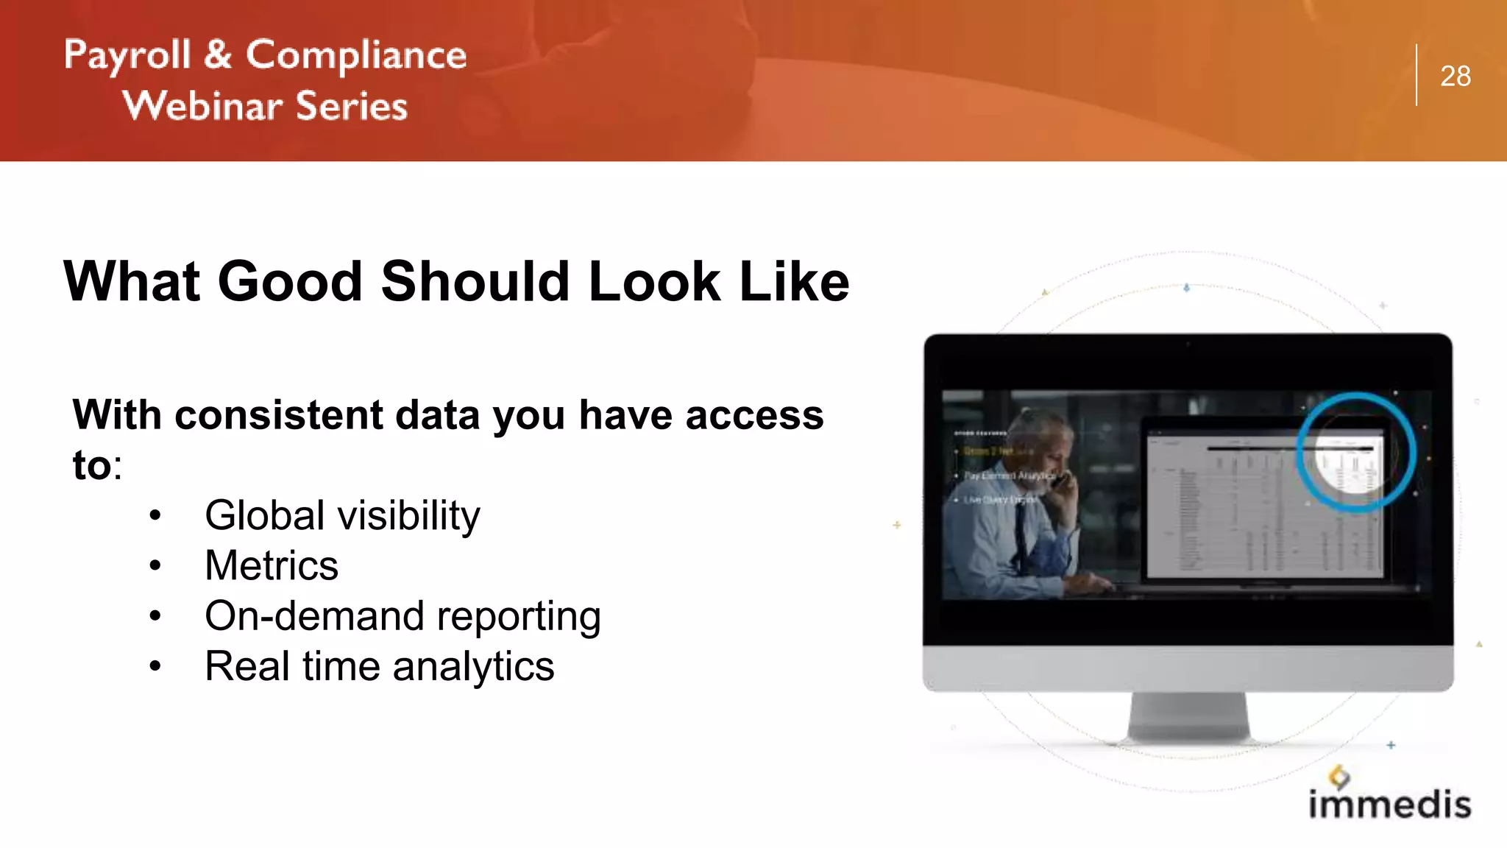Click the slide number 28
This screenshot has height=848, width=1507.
(1455, 76)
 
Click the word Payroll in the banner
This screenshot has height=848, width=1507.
(127, 56)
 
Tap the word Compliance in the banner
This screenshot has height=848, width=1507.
(356, 56)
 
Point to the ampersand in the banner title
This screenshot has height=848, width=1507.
(218, 54)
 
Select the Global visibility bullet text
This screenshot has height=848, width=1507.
(342, 515)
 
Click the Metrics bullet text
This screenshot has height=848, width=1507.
(272, 565)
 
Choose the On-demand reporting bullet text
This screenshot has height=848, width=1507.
(403, 616)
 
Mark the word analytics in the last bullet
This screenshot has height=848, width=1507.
(473, 667)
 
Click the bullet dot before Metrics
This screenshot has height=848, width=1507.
(155, 566)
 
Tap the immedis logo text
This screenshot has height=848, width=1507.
(1389, 803)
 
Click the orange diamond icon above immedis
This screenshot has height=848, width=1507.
(1339, 776)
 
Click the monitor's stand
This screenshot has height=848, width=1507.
(1188, 717)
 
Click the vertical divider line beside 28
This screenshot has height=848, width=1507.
(1416, 75)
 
